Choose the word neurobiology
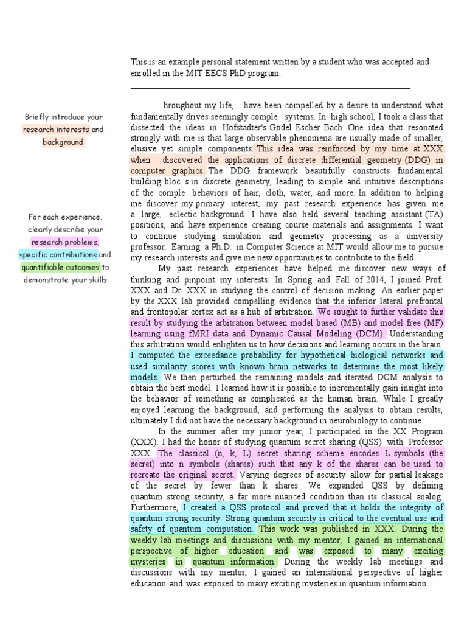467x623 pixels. coord(330,421)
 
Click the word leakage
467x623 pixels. coord(426,475)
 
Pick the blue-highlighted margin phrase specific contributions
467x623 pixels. coord(58,255)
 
